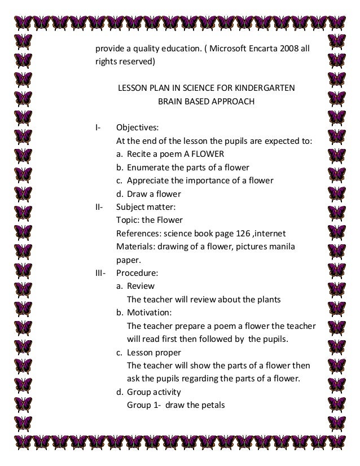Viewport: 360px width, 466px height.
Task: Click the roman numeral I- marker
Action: click(98, 127)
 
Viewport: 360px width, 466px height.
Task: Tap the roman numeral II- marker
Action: click(99, 206)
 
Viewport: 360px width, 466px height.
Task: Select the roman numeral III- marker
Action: click(100, 272)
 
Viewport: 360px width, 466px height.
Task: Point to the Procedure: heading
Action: click(137, 272)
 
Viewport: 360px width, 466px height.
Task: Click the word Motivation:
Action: click(150, 312)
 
